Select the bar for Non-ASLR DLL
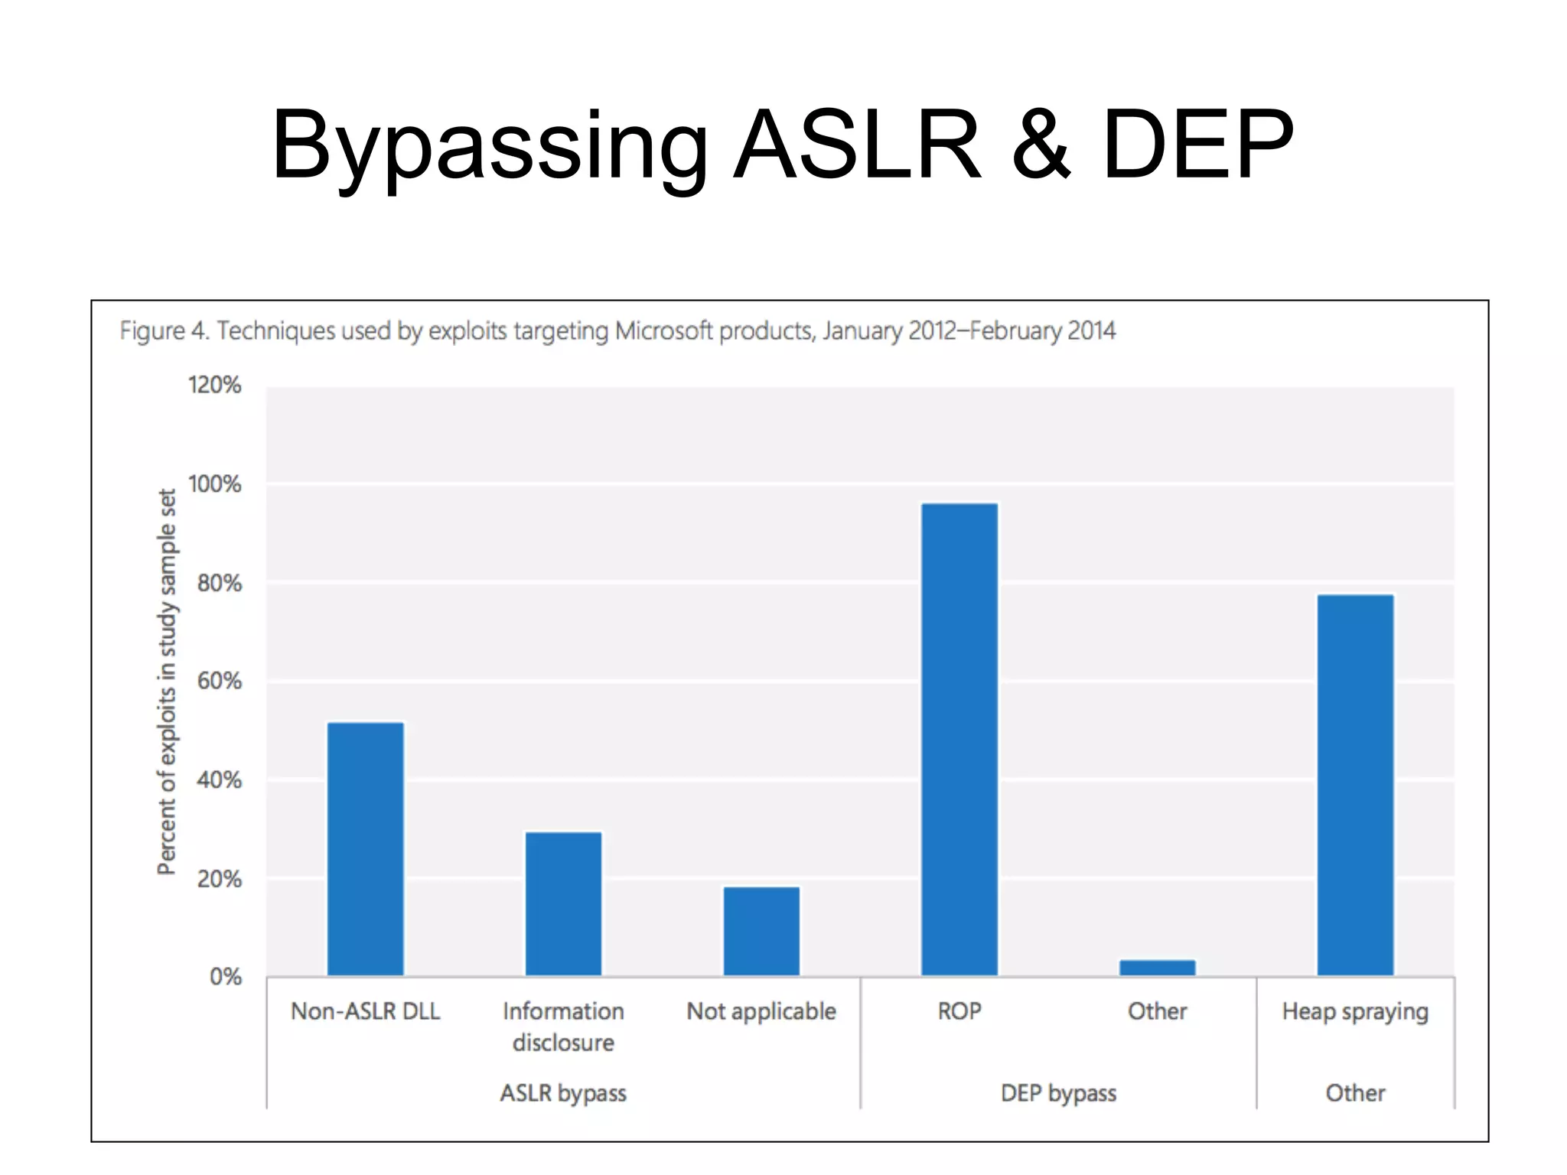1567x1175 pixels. click(x=366, y=849)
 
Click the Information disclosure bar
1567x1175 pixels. click(x=563, y=904)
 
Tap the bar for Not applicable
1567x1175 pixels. click(x=761, y=931)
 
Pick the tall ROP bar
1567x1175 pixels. click(x=959, y=739)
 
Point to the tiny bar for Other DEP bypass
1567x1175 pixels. click(x=1157, y=968)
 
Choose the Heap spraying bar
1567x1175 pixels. click(x=1355, y=785)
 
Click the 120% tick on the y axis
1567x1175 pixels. click(x=214, y=385)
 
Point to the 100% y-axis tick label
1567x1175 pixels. click(x=214, y=484)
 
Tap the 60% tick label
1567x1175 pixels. click(x=219, y=681)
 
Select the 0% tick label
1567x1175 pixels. click(x=225, y=977)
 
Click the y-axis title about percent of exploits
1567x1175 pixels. click(x=167, y=681)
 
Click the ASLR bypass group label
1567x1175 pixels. click(x=563, y=1093)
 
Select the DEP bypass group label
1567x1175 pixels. click(x=1058, y=1093)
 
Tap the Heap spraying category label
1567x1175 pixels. click(x=1355, y=1011)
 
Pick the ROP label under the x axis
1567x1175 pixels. click(x=959, y=1011)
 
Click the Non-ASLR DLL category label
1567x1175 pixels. click(x=366, y=1011)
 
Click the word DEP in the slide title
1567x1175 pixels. click(x=1197, y=145)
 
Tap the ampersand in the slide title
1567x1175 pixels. click(x=1041, y=145)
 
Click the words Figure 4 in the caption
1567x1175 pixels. click(x=164, y=330)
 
